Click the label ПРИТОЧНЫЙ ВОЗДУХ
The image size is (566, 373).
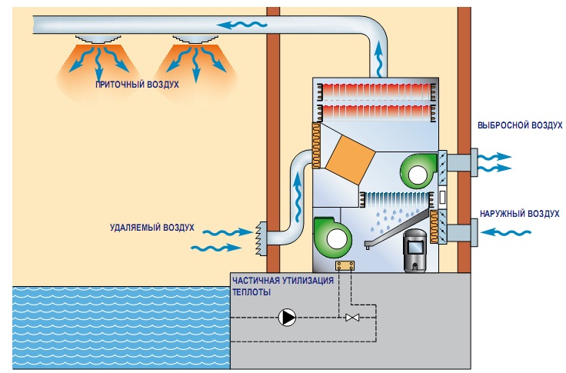[137, 84]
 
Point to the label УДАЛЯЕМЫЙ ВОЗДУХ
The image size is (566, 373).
[151, 228]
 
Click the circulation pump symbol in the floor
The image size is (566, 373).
[288, 317]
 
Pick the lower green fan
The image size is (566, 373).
[335, 238]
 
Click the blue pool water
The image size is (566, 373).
[115, 327]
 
